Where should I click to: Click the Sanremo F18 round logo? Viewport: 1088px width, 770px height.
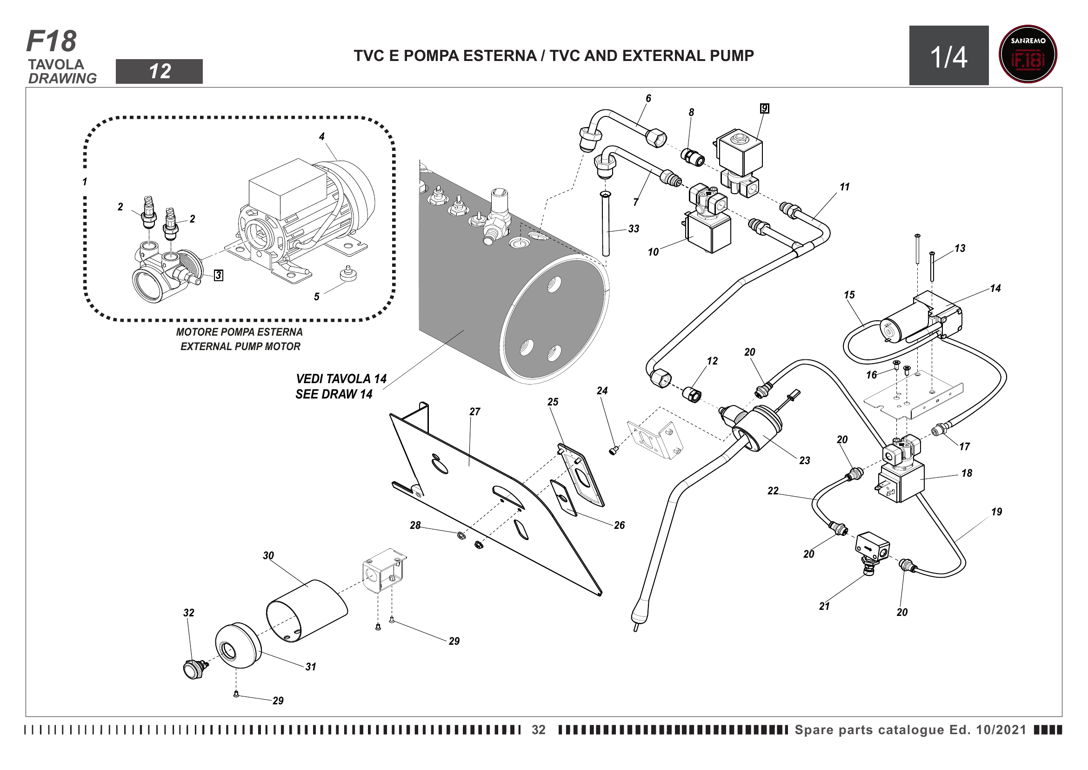coord(1028,54)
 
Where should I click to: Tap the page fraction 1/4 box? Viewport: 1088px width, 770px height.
coord(948,56)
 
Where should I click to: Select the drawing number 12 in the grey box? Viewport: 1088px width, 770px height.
coord(159,72)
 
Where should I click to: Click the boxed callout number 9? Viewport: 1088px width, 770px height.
coord(764,108)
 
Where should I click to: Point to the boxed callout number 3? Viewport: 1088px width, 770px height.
coord(218,275)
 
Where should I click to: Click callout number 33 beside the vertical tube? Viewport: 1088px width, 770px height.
coord(634,229)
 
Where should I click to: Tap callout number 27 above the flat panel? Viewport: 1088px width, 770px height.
coord(475,412)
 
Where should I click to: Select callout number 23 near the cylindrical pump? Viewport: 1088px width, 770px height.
coord(805,460)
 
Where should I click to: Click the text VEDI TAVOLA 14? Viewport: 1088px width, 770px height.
coord(341,379)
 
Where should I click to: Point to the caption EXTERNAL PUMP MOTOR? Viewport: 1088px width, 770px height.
coord(240,347)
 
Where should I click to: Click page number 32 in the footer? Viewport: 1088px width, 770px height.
coord(538,729)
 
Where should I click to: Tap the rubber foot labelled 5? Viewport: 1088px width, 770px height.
coord(348,274)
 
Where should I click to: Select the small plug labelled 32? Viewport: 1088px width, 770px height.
coord(194,669)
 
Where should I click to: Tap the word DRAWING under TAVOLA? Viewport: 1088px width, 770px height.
coord(62,78)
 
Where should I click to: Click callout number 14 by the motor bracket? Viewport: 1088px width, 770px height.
coord(995,288)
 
